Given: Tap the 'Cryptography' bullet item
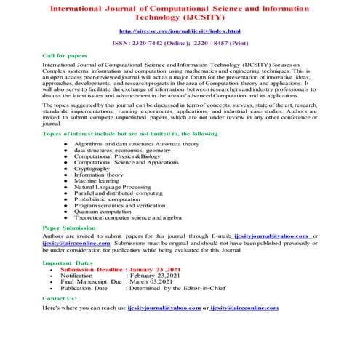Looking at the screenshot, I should (93, 168).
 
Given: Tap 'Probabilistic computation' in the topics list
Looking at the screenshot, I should (108, 199).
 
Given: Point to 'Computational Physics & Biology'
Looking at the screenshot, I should (116, 156).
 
